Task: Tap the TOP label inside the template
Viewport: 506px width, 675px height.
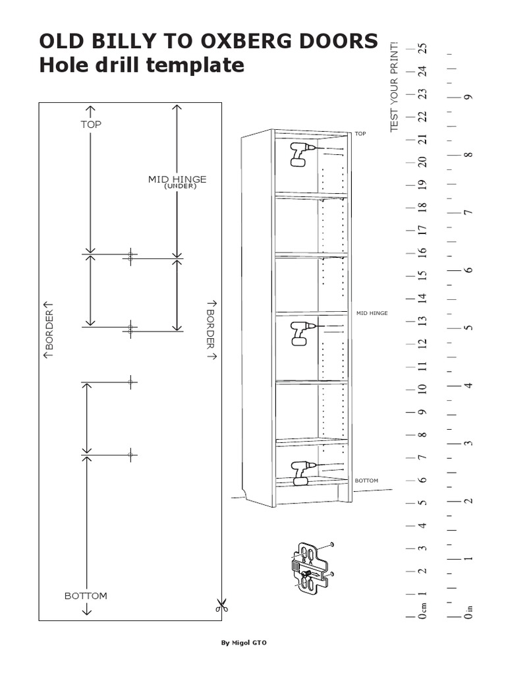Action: pyautogui.click(x=91, y=125)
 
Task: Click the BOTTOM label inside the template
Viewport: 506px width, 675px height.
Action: pyautogui.click(x=86, y=596)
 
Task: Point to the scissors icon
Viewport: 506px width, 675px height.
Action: pyautogui.click(x=221, y=606)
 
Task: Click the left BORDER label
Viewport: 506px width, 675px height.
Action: pyautogui.click(x=49, y=330)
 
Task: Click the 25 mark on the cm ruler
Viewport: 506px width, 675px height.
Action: pyautogui.click(x=424, y=47)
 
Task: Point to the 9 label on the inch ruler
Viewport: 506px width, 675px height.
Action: pyautogui.click(x=468, y=97)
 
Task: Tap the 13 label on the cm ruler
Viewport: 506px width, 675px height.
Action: pyautogui.click(x=423, y=321)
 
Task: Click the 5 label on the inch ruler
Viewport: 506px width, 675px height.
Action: pyautogui.click(x=468, y=328)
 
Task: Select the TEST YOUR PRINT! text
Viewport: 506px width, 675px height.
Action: pyautogui.click(x=394, y=86)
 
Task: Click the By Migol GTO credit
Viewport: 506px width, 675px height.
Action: pyautogui.click(x=244, y=643)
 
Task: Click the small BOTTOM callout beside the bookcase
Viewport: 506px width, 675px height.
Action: pyautogui.click(x=366, y=481)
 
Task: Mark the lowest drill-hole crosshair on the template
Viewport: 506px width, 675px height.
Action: pyautogui.click(x=131, y=455)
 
